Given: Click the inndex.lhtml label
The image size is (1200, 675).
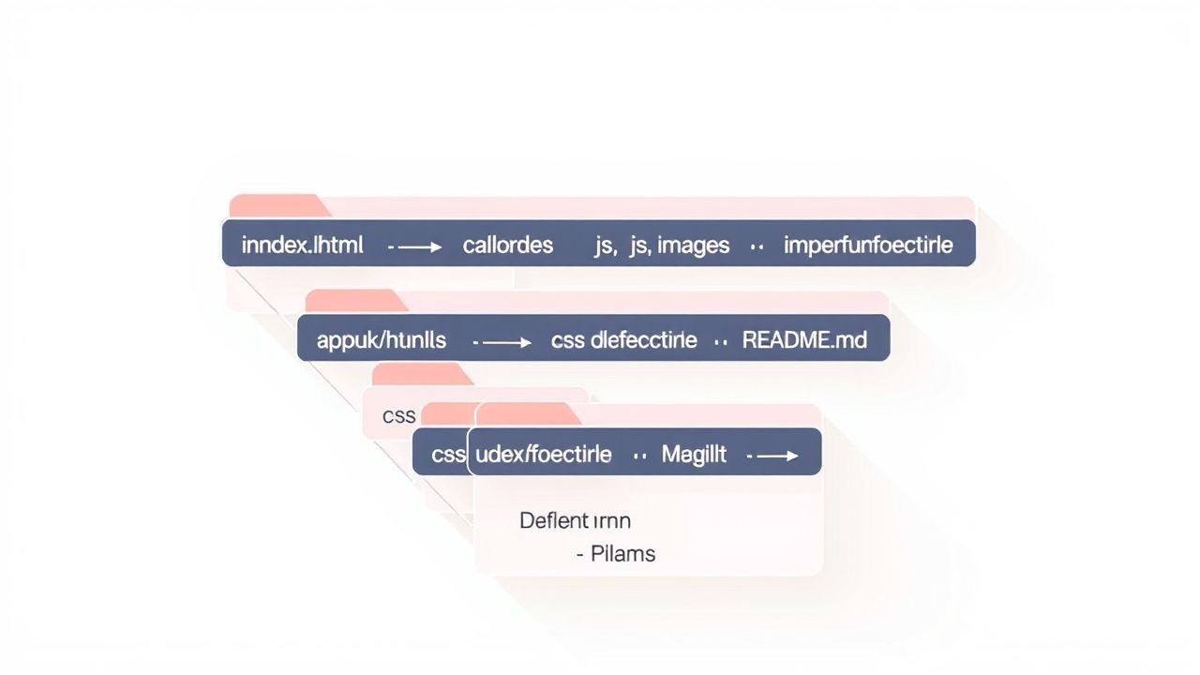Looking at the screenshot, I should click(302, 246).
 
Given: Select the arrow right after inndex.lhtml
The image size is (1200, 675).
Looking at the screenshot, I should click(415, 247).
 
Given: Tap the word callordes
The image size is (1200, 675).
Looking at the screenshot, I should click(507, 246).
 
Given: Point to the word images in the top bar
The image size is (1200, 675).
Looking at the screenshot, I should click(693, 246).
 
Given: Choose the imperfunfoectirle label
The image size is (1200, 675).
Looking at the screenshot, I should click(868, 246).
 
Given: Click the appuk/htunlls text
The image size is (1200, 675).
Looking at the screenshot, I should click(381, 340).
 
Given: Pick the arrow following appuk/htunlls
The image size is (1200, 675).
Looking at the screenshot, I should click(502, 342).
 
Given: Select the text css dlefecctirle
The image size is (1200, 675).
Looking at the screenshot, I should click(623, 340).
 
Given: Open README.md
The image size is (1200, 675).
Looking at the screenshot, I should click(804, 340).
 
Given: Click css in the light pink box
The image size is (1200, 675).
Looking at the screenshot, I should click(399, 415).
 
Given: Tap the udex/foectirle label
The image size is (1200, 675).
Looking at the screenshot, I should click(544, 455).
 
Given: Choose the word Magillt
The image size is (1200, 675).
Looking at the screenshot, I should click(694, 455).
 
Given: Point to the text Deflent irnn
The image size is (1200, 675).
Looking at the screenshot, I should click(575, 520).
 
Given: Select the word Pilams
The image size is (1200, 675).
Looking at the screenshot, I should click(622, 553).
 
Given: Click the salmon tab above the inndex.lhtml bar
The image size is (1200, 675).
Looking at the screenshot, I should click(277, 206).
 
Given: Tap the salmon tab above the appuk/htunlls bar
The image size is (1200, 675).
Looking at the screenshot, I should click(354, 301).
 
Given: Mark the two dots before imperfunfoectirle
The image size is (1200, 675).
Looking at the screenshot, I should click(757, 247).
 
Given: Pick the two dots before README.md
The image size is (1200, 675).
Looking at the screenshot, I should click(720, 342).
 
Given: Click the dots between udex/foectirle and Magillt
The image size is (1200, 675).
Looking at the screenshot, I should click(640, 457).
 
